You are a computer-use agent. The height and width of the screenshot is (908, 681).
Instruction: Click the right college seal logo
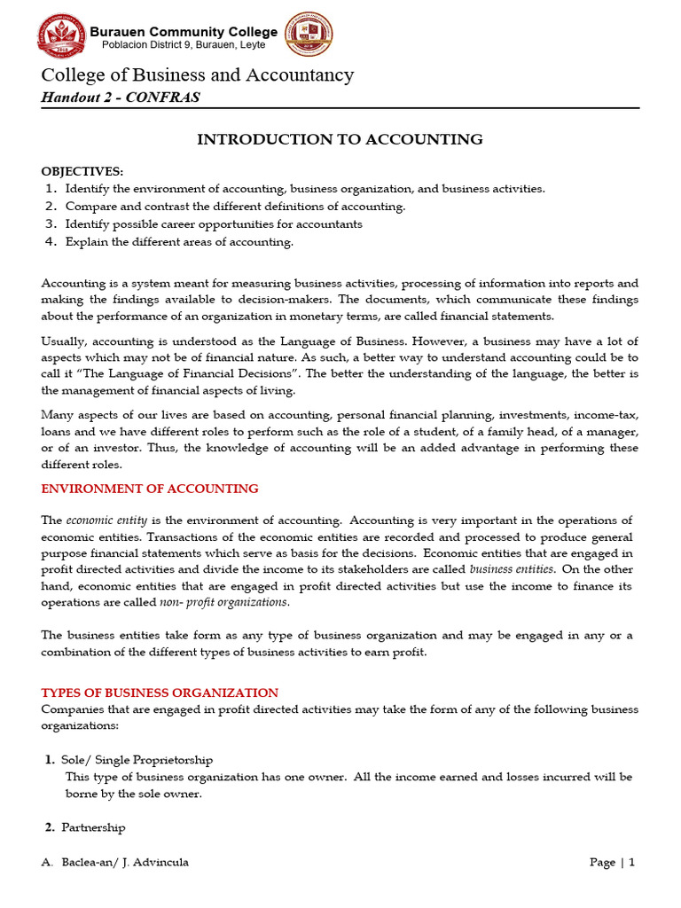pyautogui.click(x=308, y=36)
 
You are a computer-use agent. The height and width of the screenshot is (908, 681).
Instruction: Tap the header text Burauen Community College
pyautogui.click(x=184, y=32)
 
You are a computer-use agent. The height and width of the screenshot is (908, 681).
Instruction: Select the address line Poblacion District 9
pyautogui.click(x=184, y=46)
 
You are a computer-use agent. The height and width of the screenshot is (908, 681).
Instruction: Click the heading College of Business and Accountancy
pyautogui.click(x=197, y=75)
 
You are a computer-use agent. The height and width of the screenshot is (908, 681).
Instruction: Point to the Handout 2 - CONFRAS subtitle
pyautogui.click(x=121, y=98)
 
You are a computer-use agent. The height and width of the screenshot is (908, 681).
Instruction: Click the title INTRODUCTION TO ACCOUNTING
pyautogui.click(x=340, y=139)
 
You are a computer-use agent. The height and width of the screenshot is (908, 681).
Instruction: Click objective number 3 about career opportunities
pyautogui.click(x=213, y=224)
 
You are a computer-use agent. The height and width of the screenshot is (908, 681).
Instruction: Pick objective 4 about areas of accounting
pyautogui.click(x=178, y=242)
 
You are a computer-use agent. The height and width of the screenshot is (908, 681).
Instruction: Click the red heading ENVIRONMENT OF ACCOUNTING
pyautogui.click(x=150, y=489)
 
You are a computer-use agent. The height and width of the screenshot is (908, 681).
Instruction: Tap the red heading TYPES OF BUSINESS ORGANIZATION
pyautogui.click(x=160, y=693)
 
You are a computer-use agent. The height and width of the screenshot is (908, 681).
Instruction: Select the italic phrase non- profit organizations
pyautogui.click(x=223, y=602)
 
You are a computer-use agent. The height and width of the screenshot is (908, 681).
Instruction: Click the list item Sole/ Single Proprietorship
pyautogui.click(x=137, y=760)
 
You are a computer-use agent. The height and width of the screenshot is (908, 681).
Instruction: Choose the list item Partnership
pyautogui.click(x=93, y=827)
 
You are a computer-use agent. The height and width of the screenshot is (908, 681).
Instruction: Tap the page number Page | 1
pyautogui.click(x=612, y=862)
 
